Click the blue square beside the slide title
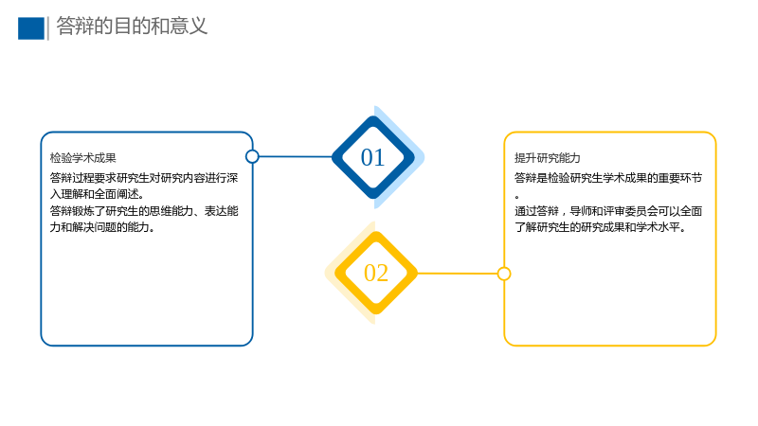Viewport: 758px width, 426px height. (x=31, y=28)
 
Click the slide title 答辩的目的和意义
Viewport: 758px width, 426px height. (x=132, y=27)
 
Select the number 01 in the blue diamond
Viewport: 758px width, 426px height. (x=372, y=157)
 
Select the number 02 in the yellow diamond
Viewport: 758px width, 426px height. (x=376, y=273)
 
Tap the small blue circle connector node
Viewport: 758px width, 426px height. (x=252, y=156)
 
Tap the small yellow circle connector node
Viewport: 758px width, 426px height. (x=504, y=274)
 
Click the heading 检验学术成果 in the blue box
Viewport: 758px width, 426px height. (x=83, y=158)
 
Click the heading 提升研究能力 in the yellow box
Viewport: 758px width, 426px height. (x=548, y=158)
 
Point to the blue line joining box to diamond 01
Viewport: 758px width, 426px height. (x=296, y=156)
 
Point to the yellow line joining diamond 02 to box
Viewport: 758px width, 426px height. (x=458, y=274)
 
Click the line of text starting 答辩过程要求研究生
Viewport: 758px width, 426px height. (x=144, y=178)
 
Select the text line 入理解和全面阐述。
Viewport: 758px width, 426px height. (x=97, y=194)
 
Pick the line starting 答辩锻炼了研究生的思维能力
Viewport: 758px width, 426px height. (x=144, y=211)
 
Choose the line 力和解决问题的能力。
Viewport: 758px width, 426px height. (x=102, y=227)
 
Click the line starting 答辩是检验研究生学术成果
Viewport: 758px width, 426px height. (x=608, y=178)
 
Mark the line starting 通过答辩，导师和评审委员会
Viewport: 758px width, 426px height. (x=608, y=211)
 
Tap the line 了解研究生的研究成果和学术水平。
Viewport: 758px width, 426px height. (x=601, y=227)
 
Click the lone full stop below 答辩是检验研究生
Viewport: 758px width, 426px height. (x=516, y=197)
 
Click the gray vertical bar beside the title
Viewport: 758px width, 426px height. (x=48, y=28)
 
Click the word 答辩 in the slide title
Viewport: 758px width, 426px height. (x=75, y=27)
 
